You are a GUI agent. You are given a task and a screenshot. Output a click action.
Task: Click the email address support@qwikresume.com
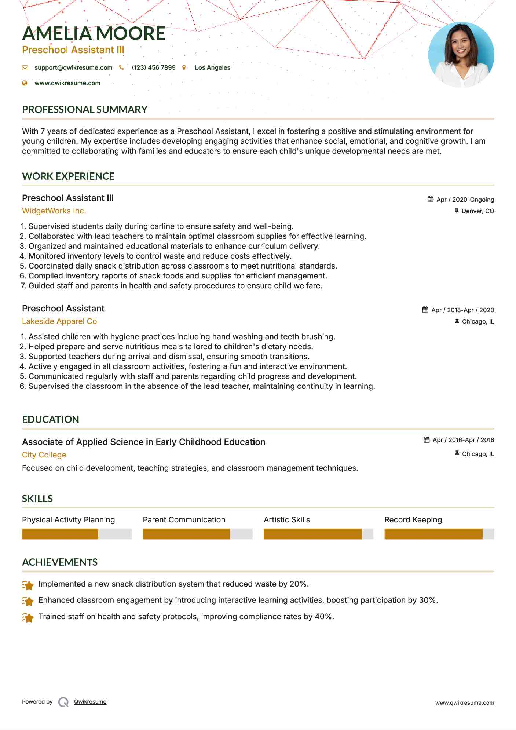tap(73, 67)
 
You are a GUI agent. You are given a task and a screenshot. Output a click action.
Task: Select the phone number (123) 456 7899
tap(153, 67)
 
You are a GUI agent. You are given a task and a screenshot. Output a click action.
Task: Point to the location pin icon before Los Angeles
tap(184, 67)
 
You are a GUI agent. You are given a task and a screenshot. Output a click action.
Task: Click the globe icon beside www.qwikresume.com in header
tap(25, 83)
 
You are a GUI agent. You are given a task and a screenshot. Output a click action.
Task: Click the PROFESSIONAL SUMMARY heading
tap(85, 109)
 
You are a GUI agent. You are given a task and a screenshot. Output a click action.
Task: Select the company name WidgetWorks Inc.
tap(54, 211)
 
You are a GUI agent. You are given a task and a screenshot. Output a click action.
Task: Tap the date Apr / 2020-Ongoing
tap(465, 200)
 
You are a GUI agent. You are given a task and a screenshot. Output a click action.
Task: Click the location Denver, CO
tap(477, 211)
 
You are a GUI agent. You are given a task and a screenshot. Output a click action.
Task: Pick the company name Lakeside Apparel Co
tap(59, 321)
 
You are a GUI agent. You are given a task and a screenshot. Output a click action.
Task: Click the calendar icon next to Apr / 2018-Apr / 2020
tap(425, 310)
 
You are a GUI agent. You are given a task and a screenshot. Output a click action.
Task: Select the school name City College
tap(44, 455)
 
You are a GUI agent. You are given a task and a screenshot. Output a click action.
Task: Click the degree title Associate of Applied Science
tap(143, 442)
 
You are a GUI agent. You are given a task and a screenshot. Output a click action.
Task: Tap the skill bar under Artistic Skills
tap(318, 534)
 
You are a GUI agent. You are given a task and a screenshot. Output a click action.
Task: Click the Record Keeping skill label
tap(413, 520)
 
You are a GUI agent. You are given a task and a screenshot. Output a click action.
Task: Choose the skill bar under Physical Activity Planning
tap(76, 534)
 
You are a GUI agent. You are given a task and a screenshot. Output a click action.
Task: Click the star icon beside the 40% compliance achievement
tap(28, 617)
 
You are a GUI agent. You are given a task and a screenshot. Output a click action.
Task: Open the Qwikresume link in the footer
tap(90, 702)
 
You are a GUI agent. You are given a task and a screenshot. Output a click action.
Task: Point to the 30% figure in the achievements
tap(428, 600)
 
